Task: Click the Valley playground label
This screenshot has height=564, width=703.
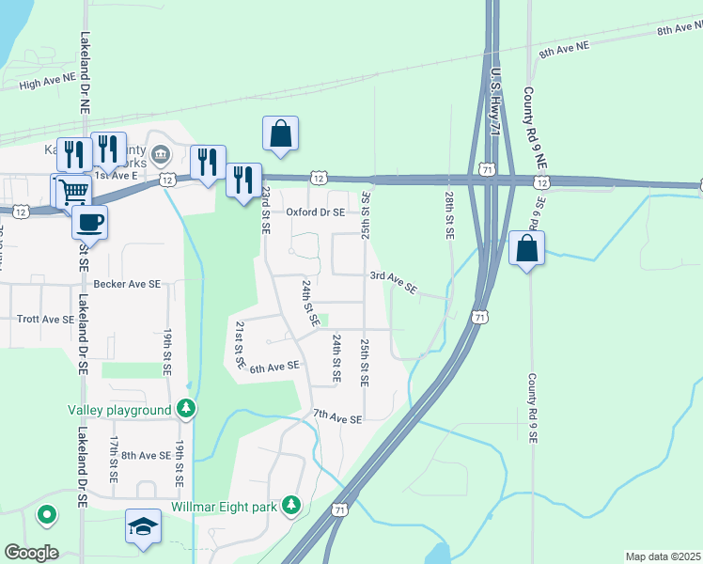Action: click(118, 410)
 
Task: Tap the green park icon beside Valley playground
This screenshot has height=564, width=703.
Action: click(187, 409)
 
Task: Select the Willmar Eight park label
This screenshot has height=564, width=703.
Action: click(225, 507)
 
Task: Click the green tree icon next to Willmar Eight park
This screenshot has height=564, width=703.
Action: click(292, 507)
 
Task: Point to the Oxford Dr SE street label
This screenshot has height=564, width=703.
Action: click(316, 212)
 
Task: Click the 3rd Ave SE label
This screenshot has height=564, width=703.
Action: click(393, 281)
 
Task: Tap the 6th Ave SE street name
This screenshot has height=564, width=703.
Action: click(274, 367)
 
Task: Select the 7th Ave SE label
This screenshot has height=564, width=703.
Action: click(337, 416)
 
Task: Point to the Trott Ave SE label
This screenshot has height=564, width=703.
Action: click(45, 320)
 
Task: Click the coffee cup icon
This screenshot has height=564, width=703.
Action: click(90, 223)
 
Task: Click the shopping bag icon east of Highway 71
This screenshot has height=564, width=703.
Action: click(526, 249)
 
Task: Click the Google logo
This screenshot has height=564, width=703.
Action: click(31, 553)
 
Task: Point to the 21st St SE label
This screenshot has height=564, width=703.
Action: click(241, 344)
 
